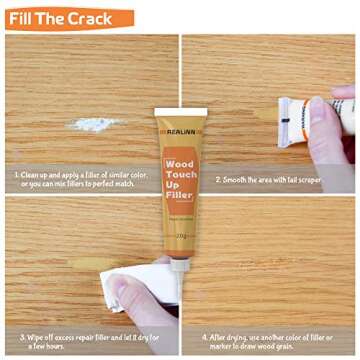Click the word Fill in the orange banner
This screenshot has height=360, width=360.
pyautogui.click(x=28, y=17)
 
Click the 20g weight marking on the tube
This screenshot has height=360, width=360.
pyautogui.click(x=181, y=208)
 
